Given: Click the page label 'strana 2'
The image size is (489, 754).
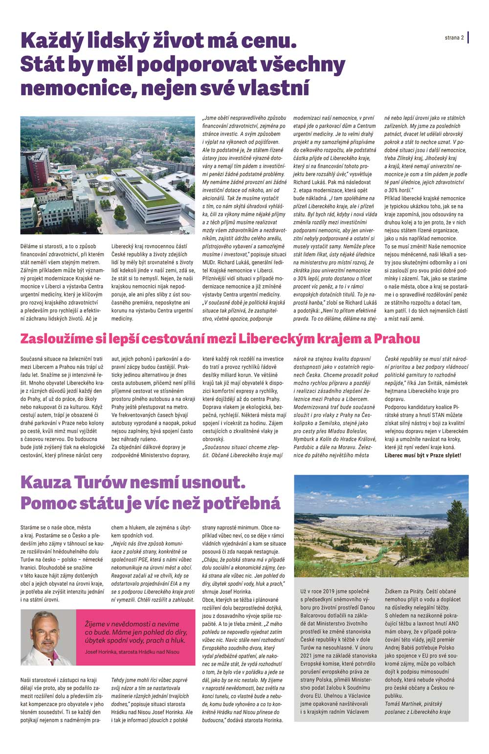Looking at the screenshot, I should (x=454, y=38).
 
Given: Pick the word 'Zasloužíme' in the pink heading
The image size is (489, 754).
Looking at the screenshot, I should (x=54, y=339).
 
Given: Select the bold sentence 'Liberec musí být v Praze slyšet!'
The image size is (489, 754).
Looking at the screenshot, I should (x=422, y=455).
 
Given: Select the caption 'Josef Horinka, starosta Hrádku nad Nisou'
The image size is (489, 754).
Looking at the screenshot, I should (x=132, y=652).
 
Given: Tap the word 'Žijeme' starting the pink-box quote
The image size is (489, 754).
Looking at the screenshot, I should (x=96, y=624).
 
